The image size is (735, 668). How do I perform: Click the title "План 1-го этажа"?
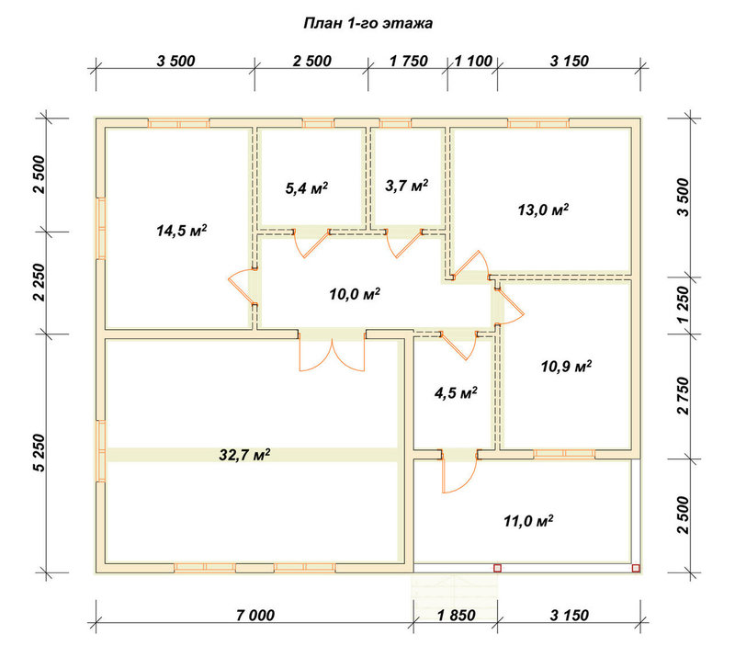point(368,24)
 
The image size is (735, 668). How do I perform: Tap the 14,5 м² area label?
point(182,231)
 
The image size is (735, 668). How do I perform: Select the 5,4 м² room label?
point(307,188)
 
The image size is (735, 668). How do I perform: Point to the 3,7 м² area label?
point(406,186)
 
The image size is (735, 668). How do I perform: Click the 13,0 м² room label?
point(543,209)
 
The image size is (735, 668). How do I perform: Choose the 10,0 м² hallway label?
point(355,294)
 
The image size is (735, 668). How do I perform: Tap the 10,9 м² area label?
point(566,366)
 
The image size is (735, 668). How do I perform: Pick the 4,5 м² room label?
point(456,392)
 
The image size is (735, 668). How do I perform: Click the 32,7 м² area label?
point(244,455)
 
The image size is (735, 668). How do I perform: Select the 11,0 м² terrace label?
point(528,521)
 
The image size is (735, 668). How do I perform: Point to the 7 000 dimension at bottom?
point(255,615)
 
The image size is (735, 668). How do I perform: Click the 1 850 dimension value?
point(456,615)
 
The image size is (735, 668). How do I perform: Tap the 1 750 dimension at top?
point(408,61)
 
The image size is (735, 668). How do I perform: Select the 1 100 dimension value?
point(473,61)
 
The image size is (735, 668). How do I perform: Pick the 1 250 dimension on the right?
point(684,305)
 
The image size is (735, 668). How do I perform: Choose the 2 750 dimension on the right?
point(684,396)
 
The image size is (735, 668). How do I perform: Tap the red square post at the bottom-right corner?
point(636,568)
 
